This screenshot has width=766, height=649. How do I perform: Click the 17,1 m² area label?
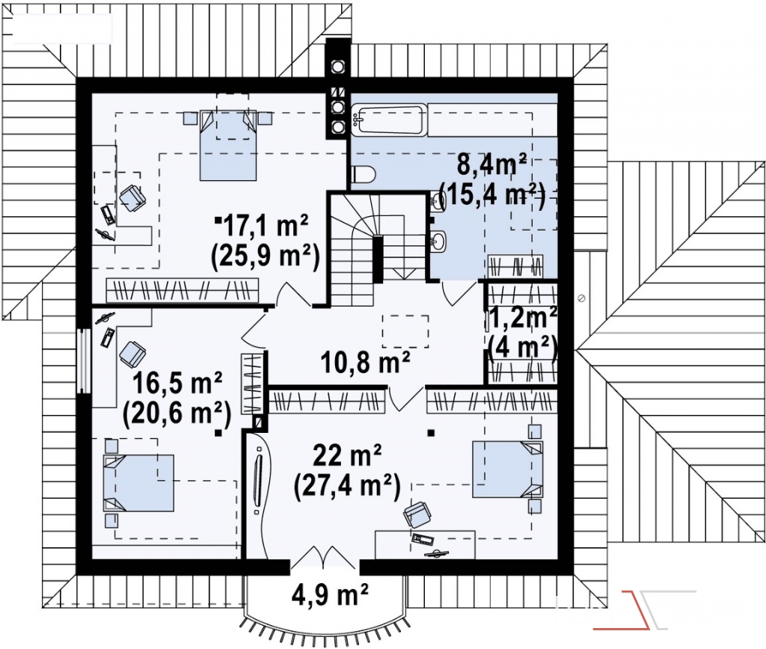[266, 227]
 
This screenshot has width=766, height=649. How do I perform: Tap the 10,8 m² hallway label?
[365, 362]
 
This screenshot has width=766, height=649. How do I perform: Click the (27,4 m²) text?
[347, 485]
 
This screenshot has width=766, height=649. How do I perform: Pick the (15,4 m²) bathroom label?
[492, 194]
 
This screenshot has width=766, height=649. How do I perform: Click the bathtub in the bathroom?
[388, 119]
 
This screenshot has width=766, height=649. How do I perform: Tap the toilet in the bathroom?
[363, 174]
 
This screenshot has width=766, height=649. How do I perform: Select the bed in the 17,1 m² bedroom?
[227, 144]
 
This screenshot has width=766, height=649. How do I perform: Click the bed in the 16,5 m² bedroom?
[138, 482]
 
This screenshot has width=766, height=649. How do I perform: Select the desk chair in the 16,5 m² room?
[132, 354]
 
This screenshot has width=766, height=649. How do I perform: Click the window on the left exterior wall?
[84, 360]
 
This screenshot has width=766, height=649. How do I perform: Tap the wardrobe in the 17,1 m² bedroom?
[182, 291]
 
